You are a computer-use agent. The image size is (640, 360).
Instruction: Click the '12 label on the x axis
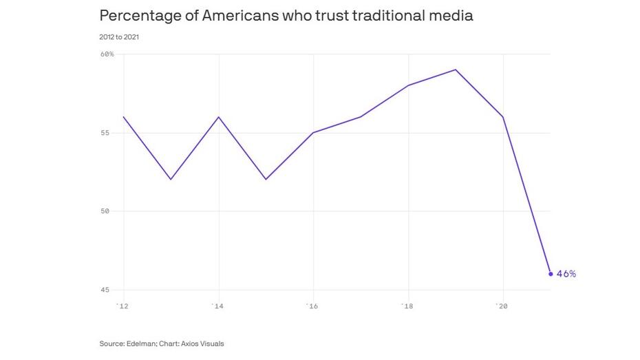(x=123, y=306)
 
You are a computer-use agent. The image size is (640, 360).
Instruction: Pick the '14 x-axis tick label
(x=218, y=306)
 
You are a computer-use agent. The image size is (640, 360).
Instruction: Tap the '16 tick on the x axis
(x=313, y=306)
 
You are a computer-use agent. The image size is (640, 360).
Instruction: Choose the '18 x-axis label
(x=408, y=306)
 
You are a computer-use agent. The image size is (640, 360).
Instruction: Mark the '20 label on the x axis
(x=503, y=306)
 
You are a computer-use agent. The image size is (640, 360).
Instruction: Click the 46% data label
(x=566, y=274)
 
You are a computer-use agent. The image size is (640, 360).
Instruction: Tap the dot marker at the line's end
(x=551, y=274)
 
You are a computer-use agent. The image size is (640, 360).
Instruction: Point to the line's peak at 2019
(x=456, y=70)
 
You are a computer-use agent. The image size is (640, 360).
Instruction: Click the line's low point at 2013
(x=171, y=180)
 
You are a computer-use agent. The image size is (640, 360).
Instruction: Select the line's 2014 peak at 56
(x=218, y=117)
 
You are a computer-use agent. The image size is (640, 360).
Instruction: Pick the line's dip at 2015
(x=266, y=180)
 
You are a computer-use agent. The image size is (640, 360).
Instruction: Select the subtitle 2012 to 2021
(x=120, y=36)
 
